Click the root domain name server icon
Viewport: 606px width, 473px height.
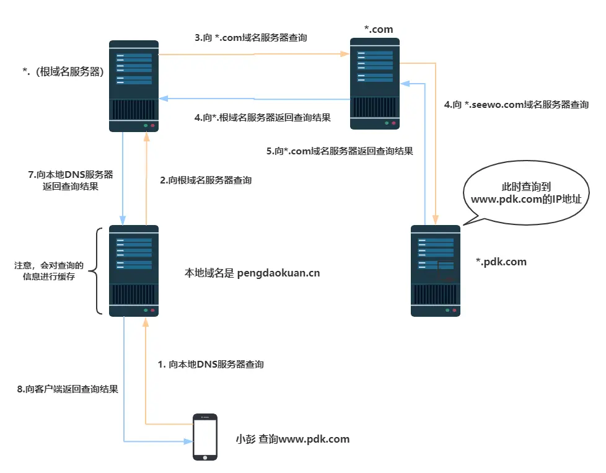pos(134,86)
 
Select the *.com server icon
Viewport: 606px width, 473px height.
pos(375,84)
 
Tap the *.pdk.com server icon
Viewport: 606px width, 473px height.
pos(436,271)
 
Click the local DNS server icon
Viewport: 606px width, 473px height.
pos(134,271)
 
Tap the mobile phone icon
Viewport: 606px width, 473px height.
pos(205,437)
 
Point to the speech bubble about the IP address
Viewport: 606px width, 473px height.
pos(526,193)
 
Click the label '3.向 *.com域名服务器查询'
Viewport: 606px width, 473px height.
pos(251,38)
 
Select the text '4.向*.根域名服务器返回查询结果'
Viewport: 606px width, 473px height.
pos(263,118)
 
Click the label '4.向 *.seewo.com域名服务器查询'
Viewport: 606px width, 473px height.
pos(516,104)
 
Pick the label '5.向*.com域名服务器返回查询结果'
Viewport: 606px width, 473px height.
pos(340,151)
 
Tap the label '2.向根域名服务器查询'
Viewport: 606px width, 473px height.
pos(206,180)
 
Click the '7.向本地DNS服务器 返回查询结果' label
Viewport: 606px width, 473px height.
pos(71,180)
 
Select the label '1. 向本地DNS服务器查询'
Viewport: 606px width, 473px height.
pos(211,365)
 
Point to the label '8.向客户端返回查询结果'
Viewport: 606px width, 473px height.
pos(68,389)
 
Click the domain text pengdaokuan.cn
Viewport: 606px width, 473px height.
pos(278,273)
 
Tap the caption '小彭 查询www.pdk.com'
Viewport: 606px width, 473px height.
pos(292,439)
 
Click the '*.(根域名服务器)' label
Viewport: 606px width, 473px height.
pos(63,71)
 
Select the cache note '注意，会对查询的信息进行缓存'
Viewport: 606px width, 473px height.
pos(49,271)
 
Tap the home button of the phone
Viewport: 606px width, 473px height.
pos(205,458)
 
